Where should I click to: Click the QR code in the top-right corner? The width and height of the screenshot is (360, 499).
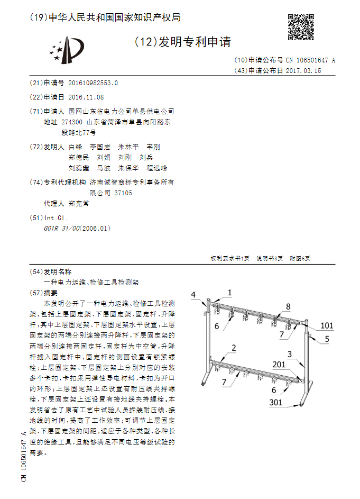tap(299, 26)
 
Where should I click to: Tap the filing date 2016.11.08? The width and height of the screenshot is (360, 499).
tap(86, 97)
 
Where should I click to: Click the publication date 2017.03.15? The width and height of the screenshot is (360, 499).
tap(303, 70)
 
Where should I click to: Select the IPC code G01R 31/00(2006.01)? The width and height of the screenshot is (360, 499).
tap(77, 229)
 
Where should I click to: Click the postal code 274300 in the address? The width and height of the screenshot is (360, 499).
tap(72, 121)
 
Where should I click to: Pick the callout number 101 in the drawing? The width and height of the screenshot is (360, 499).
tap(327, 325)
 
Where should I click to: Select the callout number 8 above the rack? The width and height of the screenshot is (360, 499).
tap(289, 306)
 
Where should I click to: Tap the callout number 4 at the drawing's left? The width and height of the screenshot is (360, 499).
tap(193, 295)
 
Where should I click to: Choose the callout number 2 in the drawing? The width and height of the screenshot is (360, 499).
tap(233, 347)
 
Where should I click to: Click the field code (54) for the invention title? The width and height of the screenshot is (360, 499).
tap(36, 271)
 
